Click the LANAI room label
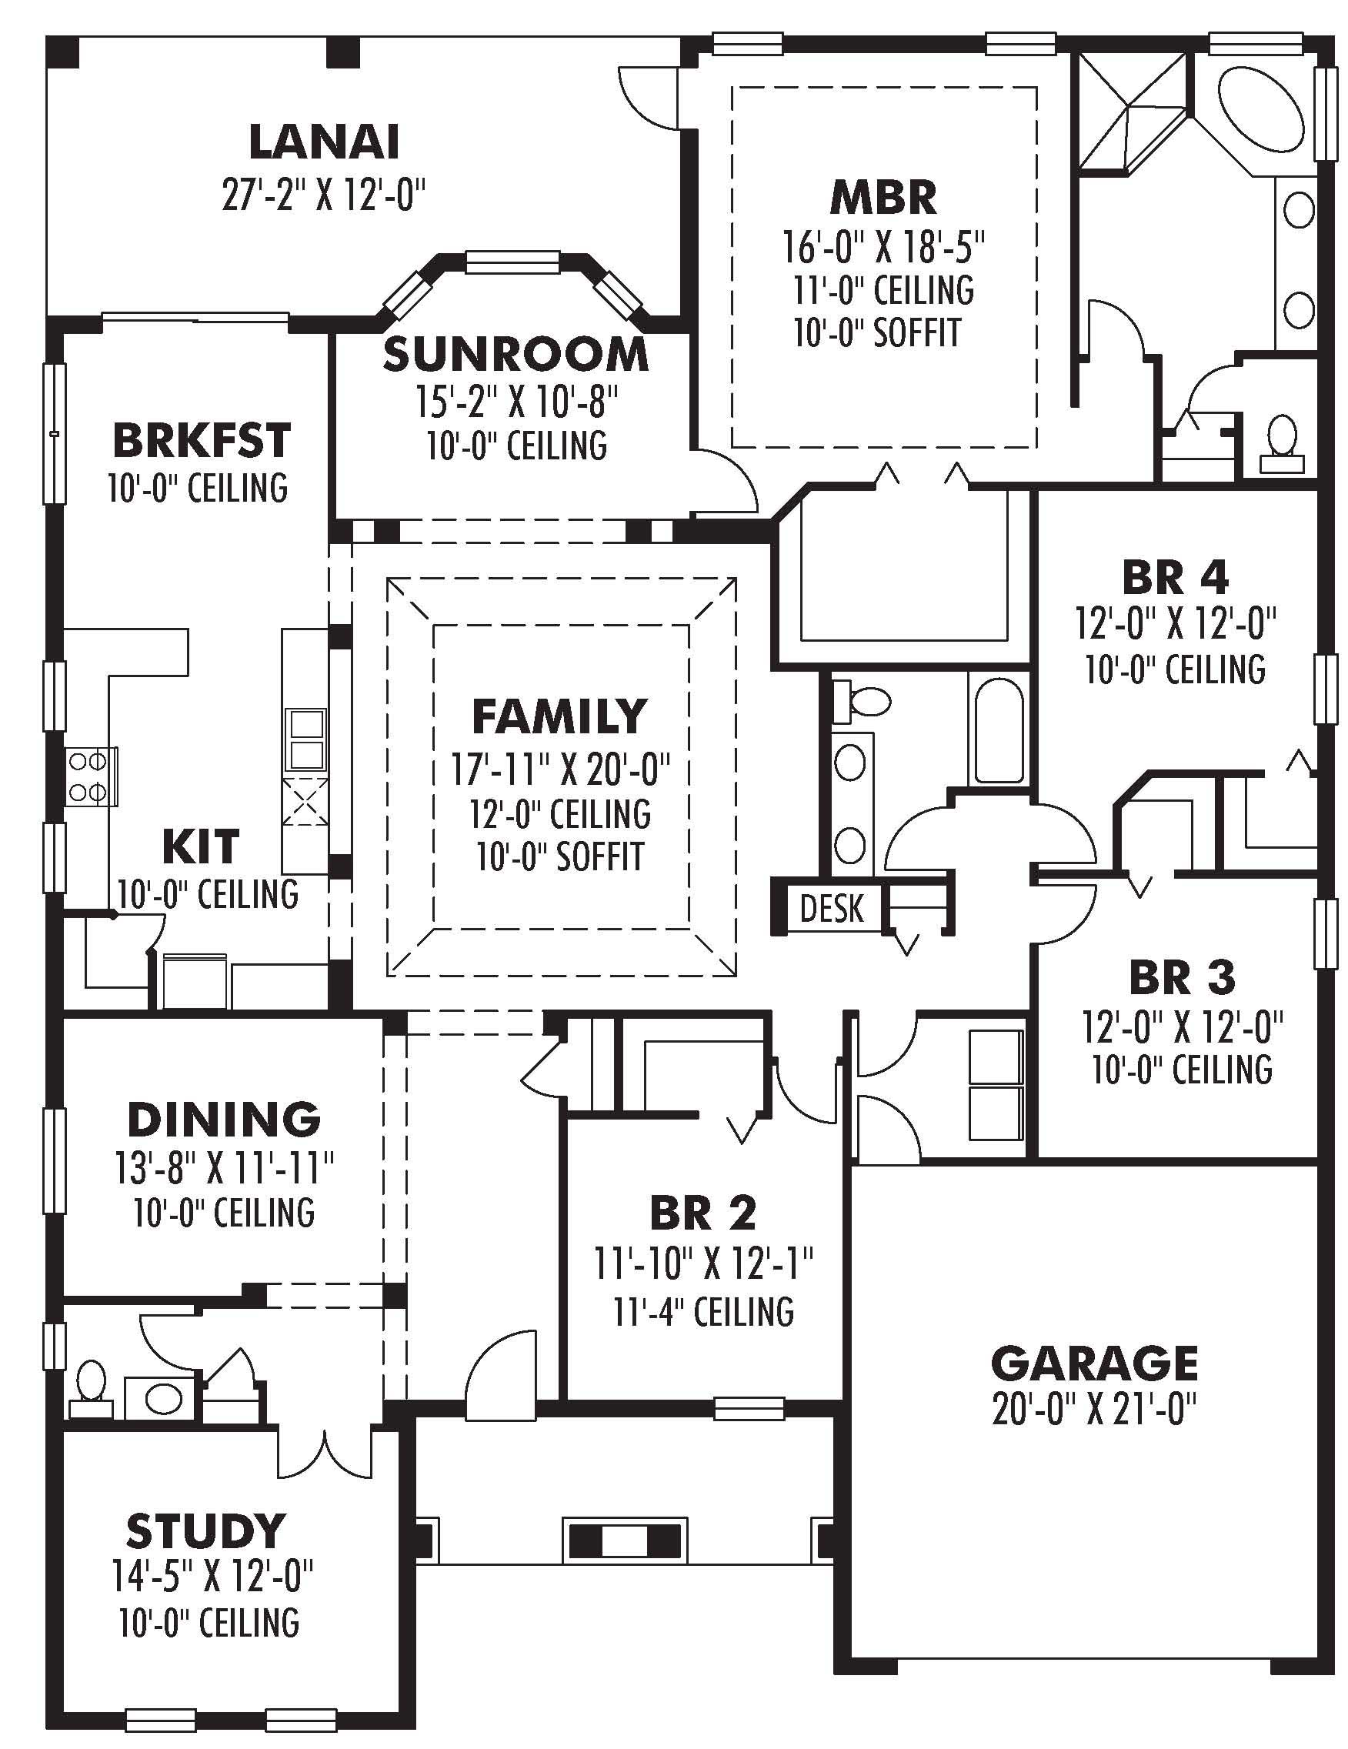324,142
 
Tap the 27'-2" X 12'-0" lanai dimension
323,195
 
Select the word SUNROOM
515,355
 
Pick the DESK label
832,909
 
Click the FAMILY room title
559,716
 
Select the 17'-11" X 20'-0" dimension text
560,770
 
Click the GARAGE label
1093,1363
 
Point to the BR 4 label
1175,576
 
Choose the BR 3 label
1181,978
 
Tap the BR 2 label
702,1213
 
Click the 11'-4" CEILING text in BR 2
703,1312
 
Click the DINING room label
224,1120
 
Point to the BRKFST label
201,439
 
